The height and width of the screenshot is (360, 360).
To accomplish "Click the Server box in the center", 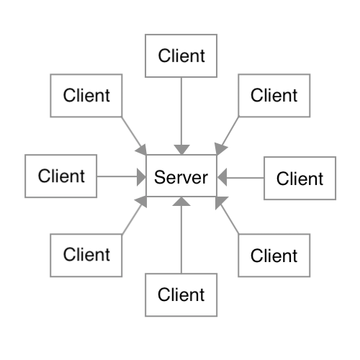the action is [x=181, y=176].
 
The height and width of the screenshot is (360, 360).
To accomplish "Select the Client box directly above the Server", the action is [x=181, y=55].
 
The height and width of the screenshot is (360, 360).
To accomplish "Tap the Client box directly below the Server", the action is [x=181, y=295].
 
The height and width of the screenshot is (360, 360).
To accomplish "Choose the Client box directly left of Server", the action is [x=61, y=176].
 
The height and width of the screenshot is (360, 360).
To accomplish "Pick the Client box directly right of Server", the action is [x=300, y=178].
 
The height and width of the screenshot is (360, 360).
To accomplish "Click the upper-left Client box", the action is [x=86, y=96].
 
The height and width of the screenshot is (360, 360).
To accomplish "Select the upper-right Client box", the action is [x=274, y=96].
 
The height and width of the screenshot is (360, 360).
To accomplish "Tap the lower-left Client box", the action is [x=86, y=256].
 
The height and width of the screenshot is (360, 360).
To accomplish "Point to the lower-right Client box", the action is [x=274, y=256].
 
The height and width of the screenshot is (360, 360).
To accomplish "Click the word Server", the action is [x=181, y=177].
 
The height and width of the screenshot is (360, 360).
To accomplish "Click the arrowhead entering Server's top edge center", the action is [x=181, y=150].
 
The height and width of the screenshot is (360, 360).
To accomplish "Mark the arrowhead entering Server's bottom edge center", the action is [x=181, y=202].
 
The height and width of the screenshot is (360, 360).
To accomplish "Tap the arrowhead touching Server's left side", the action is [x=141, y=177].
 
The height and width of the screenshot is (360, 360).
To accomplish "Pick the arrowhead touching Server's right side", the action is [x=222, y=177].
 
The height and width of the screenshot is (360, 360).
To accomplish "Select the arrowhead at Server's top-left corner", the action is [x=142, y=150].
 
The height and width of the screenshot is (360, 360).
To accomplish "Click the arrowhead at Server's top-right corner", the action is [x=220, y=149].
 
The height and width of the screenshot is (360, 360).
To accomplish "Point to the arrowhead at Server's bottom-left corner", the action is [x=142, y=202].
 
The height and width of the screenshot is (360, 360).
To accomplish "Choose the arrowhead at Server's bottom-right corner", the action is [x=220, y=202].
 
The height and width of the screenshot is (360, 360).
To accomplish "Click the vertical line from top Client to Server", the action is [x=181, y=111].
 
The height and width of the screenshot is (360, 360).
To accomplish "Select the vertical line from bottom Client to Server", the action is [x=181, y=240].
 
